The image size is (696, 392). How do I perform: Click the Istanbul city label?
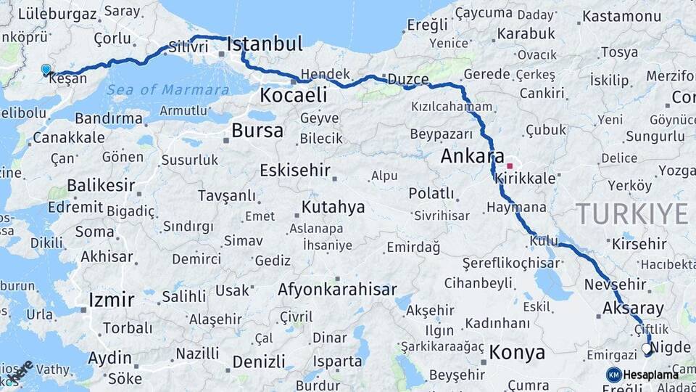[264, 44]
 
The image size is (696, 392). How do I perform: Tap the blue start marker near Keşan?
[46, 70]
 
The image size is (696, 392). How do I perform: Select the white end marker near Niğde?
[646, 349]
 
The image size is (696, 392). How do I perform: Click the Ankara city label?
[472, 156]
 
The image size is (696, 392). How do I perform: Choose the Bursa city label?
[257, 131]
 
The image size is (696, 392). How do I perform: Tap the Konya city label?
[517, 354]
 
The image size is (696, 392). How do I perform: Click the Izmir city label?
[111, 300]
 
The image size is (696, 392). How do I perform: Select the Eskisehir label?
[295, 171]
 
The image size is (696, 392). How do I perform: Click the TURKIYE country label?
[631, 214]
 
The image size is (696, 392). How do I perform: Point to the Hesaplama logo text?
[652, 375]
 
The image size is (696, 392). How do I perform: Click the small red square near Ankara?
[510, 146]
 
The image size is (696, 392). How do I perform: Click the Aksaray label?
[633, 309]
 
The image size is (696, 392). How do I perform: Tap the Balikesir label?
[101, 186]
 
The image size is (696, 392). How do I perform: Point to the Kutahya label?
[333, 208]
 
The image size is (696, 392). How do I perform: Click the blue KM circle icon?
[613, 375]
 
